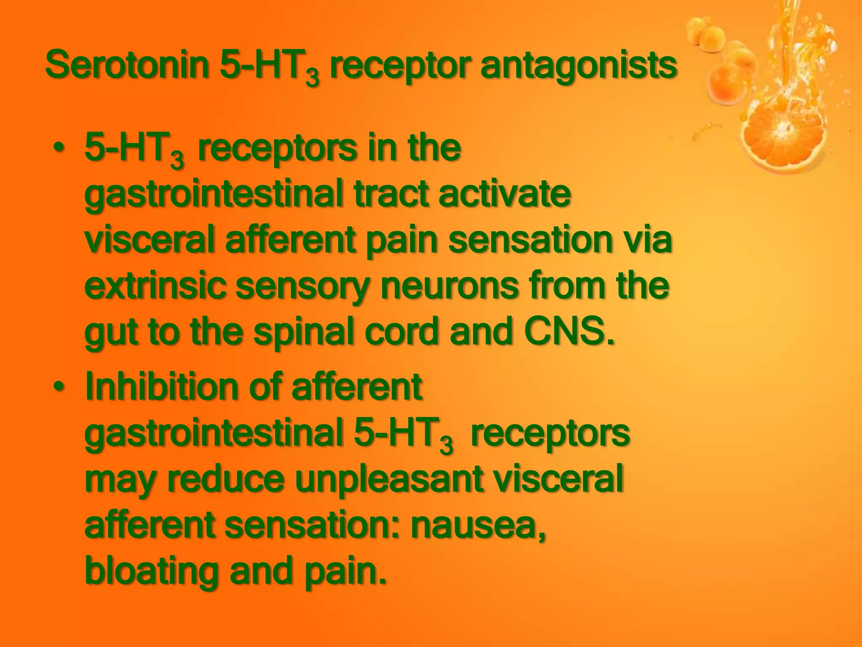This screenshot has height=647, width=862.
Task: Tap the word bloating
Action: click(x=152, y=572)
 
